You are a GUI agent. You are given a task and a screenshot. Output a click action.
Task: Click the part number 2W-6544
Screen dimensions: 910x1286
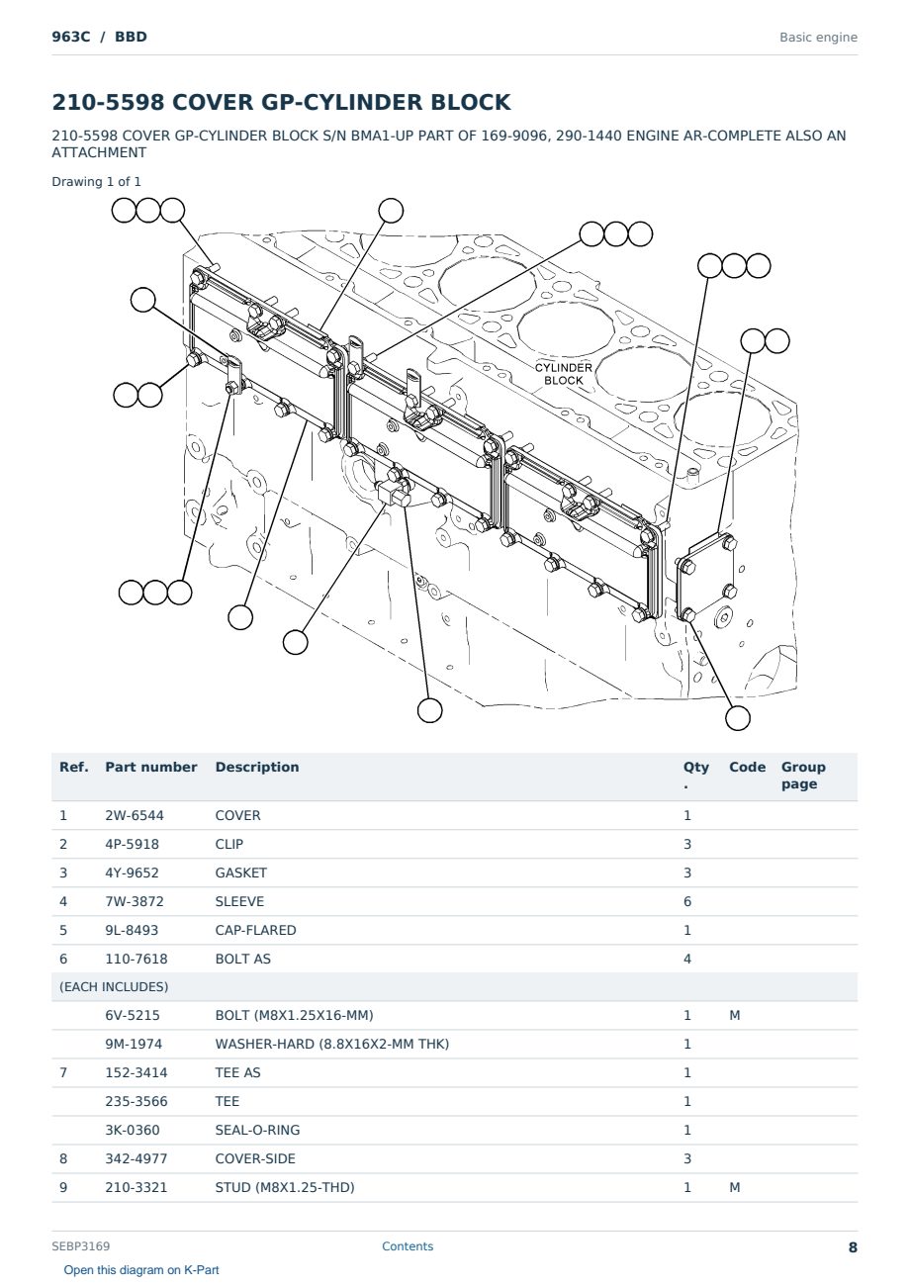click(135, 815)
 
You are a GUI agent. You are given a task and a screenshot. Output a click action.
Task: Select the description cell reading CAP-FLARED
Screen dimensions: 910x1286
click(255, 930)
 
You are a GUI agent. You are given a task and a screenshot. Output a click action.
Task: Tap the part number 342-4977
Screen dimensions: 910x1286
click(136, 1158)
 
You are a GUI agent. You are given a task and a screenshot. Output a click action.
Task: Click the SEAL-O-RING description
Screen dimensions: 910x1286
click(257, 1130)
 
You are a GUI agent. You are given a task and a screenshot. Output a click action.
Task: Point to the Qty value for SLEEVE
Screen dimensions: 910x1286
click(687, 901)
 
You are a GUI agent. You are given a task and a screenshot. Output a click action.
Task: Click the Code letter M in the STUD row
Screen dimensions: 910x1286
click(734, 1187)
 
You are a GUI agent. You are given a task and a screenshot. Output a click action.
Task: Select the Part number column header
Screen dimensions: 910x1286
click(151, 767)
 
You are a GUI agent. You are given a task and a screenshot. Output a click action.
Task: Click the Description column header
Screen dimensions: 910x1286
click(257, 767)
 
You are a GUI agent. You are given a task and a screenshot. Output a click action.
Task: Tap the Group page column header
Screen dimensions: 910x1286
click(803, 776)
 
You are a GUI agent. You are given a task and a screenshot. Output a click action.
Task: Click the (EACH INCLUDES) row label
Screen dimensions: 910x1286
click(114, 987)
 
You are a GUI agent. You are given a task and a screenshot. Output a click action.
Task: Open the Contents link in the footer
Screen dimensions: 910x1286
click(408, 1246)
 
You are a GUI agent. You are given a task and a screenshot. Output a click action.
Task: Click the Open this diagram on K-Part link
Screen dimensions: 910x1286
click(141, 1270)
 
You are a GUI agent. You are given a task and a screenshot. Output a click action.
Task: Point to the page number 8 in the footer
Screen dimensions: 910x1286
click(853, 1247)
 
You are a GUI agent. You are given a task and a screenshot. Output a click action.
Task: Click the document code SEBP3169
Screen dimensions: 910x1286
click(80, 1246)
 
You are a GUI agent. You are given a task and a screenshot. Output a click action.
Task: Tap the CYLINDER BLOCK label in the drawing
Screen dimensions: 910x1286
click(563, 374)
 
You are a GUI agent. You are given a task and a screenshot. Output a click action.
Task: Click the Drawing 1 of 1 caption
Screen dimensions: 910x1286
click(96, 182)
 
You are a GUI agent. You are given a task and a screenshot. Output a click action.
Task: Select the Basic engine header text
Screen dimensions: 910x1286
click(818, 38)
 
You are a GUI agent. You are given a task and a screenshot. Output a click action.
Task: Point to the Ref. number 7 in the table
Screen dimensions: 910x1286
click(63, 1072)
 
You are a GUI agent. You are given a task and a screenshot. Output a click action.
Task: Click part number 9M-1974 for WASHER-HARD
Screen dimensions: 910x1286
click(134, 1044)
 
